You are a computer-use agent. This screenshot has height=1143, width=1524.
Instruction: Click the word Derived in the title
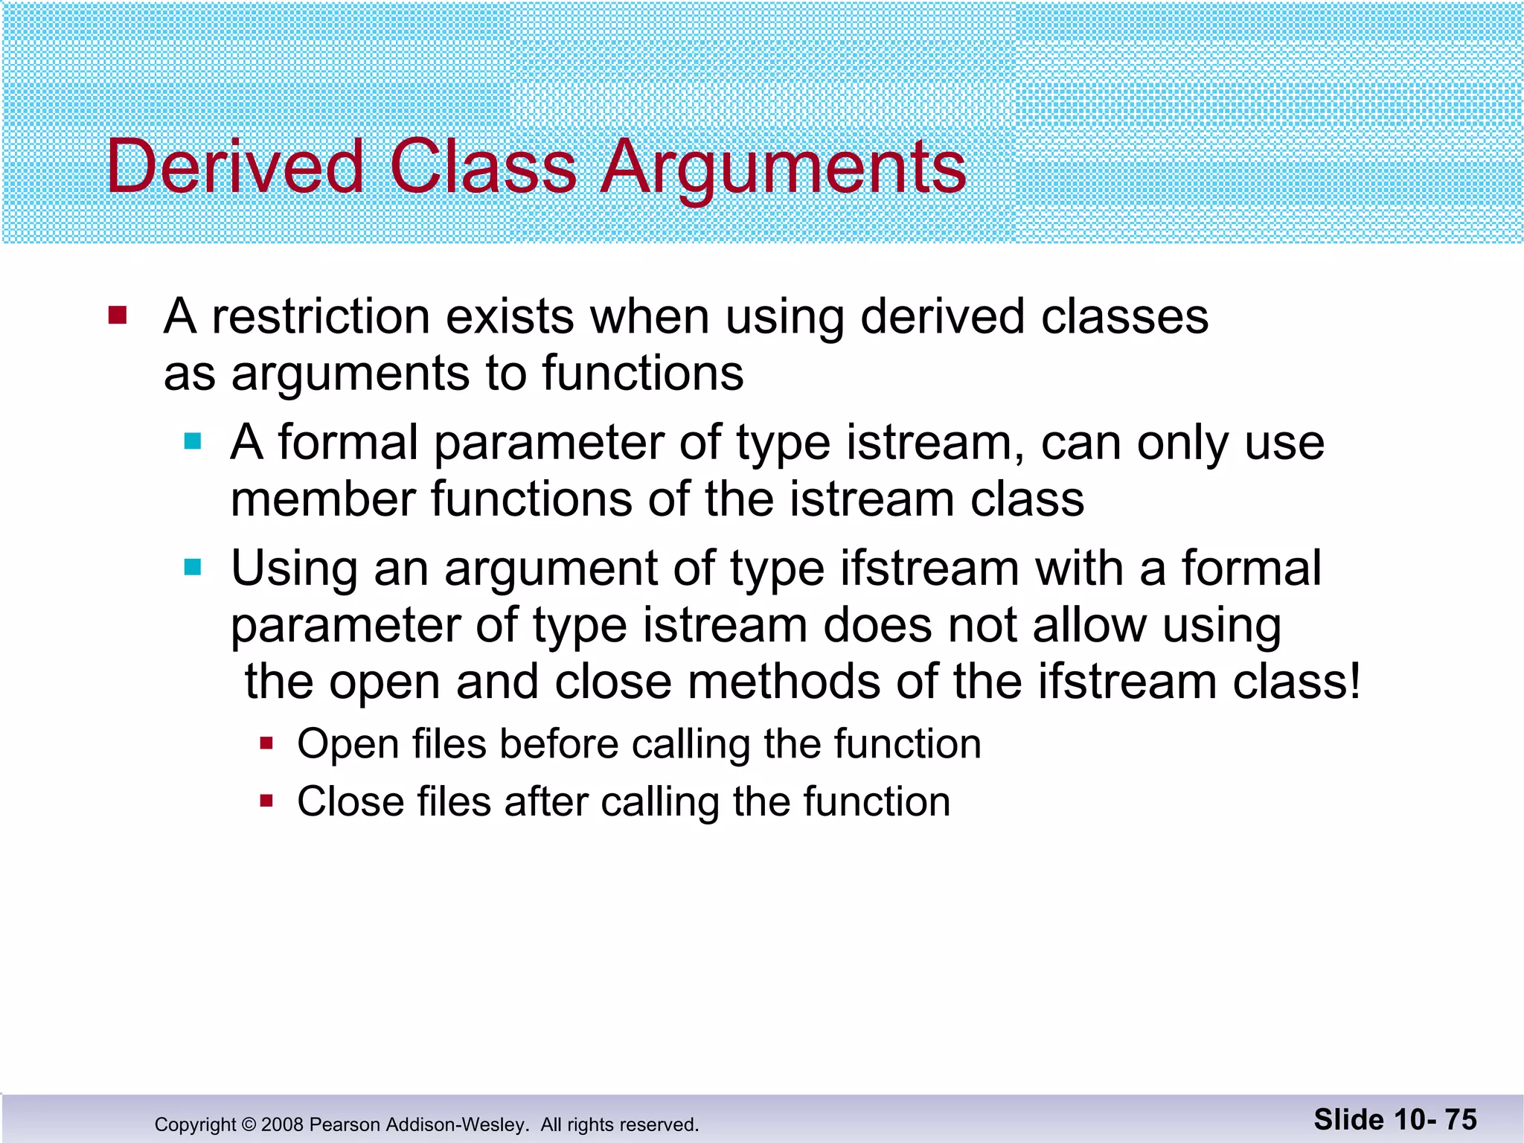pos(234,167)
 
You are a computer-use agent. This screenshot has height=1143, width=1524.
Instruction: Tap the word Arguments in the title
pos(783,167)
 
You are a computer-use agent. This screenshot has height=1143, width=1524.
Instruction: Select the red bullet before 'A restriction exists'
pos(118,316)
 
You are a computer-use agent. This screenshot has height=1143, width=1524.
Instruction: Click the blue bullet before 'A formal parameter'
pos(193,442)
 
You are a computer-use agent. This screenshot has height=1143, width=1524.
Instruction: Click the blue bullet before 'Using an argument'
pos(193,568)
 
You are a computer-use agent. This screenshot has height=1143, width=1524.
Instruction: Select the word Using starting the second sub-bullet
pos(295,569)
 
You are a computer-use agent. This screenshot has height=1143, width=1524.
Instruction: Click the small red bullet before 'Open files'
pos(267,743)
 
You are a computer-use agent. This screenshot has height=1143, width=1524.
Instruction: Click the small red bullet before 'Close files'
pos(267,801)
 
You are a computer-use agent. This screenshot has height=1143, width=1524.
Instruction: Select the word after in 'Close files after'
pos(546,802)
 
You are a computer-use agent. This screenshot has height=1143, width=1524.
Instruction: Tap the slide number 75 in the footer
pos(1461,1120)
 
